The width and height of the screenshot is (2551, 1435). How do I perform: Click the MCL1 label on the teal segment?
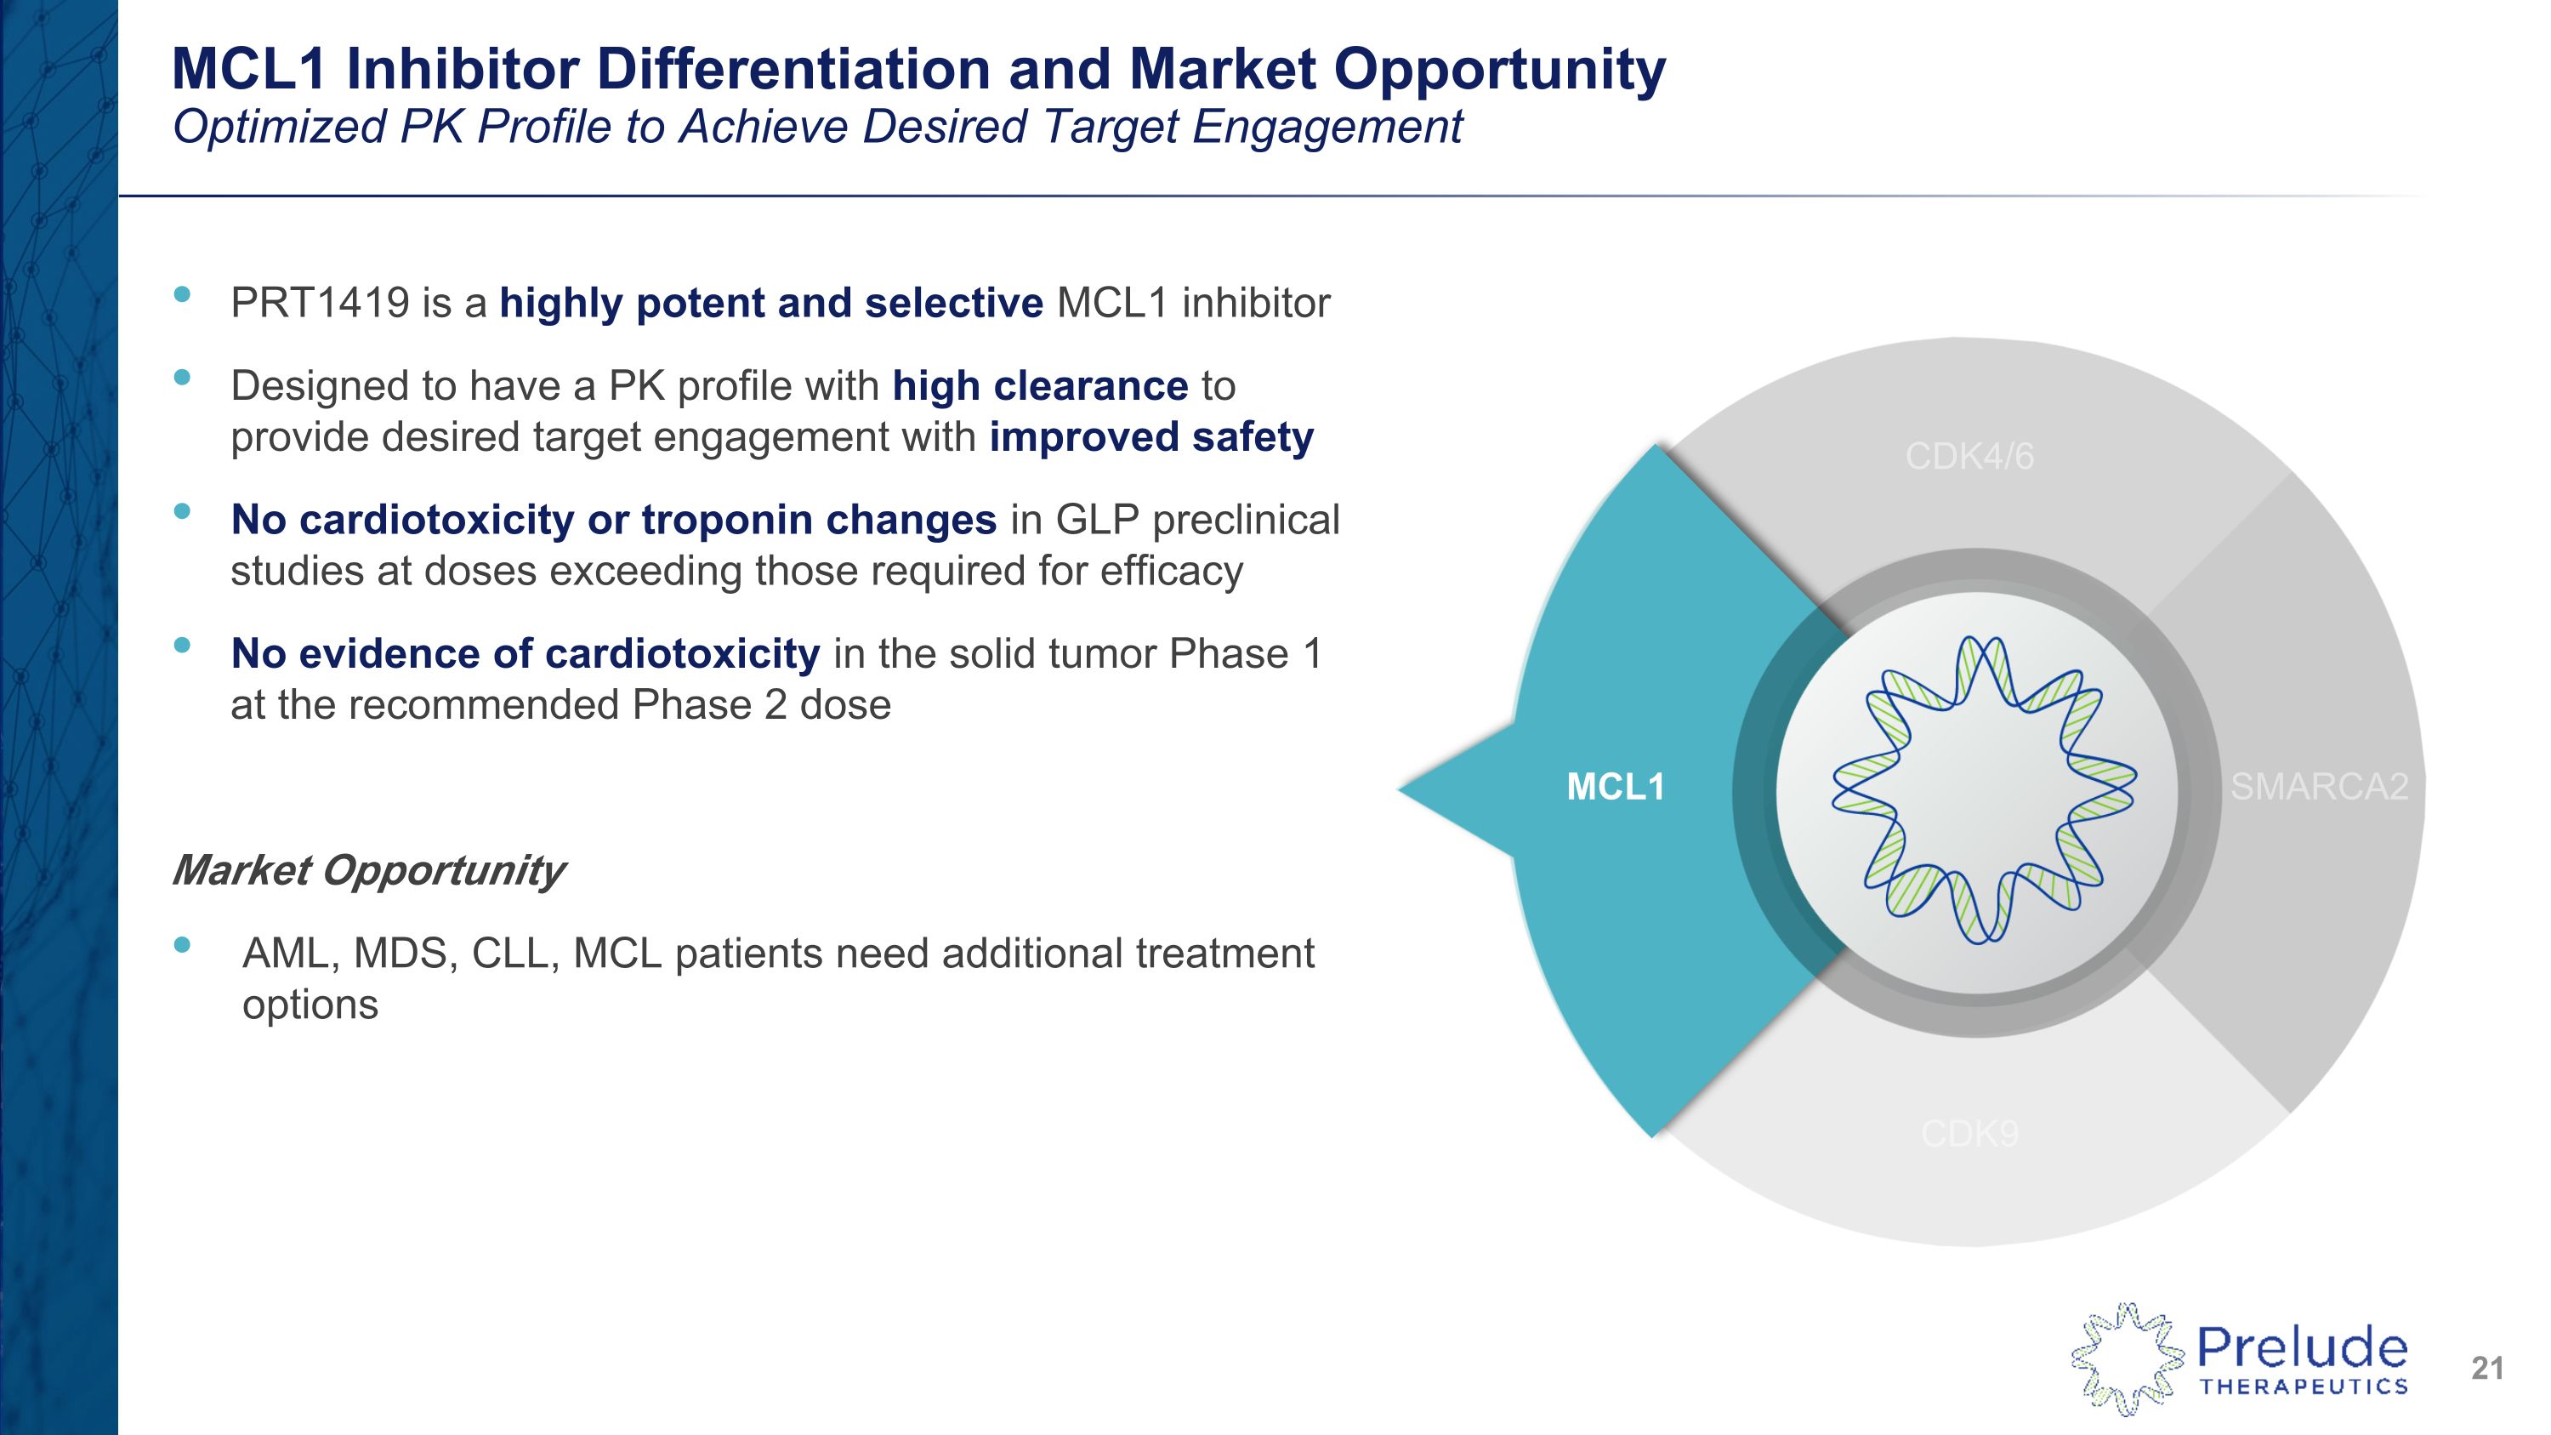click(x=1615, y=788)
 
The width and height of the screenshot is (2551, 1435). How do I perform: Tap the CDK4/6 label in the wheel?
click(x=1969, y=457)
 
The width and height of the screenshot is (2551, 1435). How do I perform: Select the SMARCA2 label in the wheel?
click(x=2319, y=788)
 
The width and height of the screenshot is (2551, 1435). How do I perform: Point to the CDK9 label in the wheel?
click(x=1969, y=1134)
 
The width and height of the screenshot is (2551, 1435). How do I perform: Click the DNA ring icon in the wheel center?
click(x=1984, y=789)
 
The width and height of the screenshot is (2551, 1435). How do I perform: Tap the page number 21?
click(x=2487, y=1369)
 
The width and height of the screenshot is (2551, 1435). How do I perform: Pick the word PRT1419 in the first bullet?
click(x=320, y=303)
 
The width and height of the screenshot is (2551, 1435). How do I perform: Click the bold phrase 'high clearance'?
click(x=1040, y=386)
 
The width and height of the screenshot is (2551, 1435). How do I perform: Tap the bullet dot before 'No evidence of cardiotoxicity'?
click(x=181, y=646)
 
